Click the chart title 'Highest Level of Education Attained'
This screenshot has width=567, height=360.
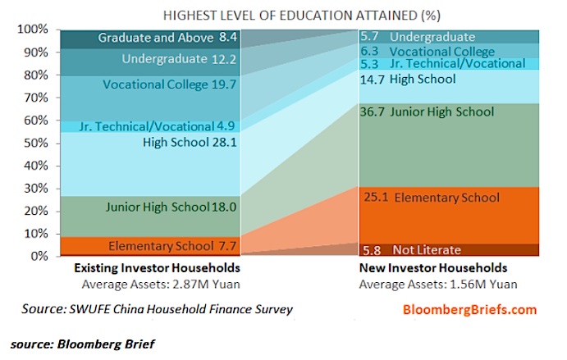[x=302, y=16]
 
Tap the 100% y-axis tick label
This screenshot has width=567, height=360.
[x=33, y=29]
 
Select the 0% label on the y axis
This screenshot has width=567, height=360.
[x=39, y=257]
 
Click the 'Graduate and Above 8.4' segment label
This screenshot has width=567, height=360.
[x=167, y=38]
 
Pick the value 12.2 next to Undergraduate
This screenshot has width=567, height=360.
[x=224, y=59]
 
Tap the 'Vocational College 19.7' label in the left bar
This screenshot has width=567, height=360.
[x=170, y=84]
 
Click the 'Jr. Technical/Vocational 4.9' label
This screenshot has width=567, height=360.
[x=158, y=126]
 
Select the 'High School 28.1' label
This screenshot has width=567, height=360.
[x=190, y=143]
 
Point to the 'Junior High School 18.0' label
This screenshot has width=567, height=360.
[x=171, y=207]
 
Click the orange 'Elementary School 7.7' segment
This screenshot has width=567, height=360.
[x=150, y=246]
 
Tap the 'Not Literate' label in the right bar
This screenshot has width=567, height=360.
[x=427, y=250]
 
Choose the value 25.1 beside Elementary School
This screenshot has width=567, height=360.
[x=376, y=198]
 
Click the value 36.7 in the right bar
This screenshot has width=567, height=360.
[x=372, y=112]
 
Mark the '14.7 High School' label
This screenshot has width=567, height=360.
[x=408, y=80]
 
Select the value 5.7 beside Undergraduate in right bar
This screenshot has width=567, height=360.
[x=369, y=37]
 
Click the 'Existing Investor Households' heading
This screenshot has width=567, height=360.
[x=158, y=268]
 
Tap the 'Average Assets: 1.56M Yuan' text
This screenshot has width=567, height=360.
[x=438, y=285]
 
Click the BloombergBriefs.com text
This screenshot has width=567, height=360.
[x=469, y=310]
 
